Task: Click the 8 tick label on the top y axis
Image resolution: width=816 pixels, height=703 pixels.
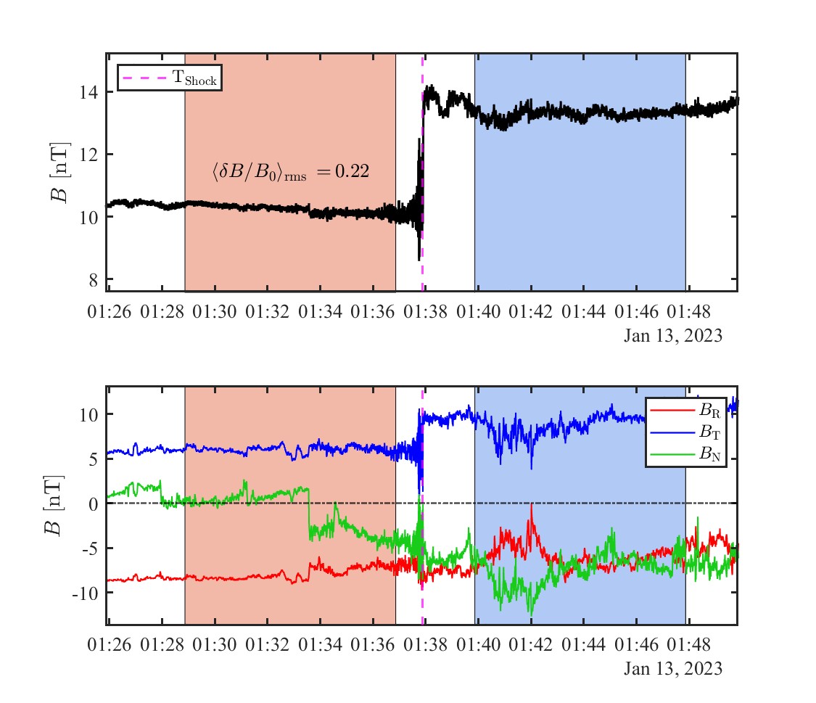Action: (x=93, y=279)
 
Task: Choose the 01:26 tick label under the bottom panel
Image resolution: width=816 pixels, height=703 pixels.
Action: (x=109, y=645)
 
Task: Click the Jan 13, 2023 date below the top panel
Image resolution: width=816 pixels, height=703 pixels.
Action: (x=673, y=336)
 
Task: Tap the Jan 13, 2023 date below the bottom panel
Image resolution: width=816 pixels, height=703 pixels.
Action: (x=673, y=668)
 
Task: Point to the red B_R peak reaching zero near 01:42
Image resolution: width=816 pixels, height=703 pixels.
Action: (x=532, y=504)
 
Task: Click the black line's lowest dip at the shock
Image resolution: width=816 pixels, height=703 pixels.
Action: (x=419, y=259)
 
